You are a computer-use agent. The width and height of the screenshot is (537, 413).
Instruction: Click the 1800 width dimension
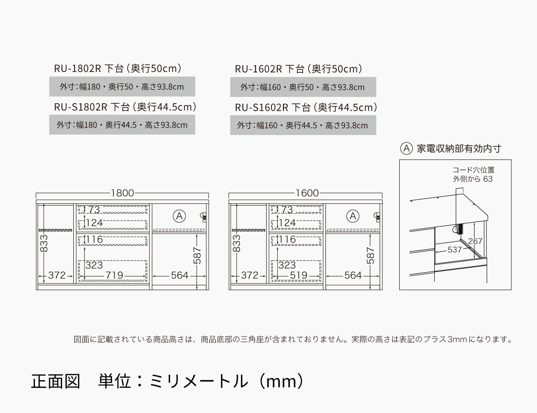pyautogui.click(x=122, y=193)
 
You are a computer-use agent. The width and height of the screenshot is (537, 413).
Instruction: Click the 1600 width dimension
pyautogui.click(x=307, y=193)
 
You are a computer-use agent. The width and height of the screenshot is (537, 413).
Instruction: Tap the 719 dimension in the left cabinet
pyautogui.click(x=114, y=275)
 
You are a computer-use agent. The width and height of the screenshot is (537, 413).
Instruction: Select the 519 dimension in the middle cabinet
pyautogui.click(x=298, y=275)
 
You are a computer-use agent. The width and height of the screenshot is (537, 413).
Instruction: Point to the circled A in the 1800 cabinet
pyautogui.click(x=179, y=216)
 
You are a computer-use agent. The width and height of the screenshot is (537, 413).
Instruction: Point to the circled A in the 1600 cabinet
pyautogui.click(x=353, y=216)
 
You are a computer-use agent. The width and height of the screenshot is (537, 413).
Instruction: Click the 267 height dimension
pyautogui.click(x=475, y=241)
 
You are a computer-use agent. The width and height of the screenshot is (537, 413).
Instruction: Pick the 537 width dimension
pyautogui.click(x=454, y=249)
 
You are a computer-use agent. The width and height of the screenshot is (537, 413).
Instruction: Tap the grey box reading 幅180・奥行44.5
pyautogui.click(x=122, y=125)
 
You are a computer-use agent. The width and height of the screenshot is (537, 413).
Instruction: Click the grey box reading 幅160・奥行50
pyautogui.click(x=303, y=87)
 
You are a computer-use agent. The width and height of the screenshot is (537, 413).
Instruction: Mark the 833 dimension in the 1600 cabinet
pyautogui.click(x=237, y=243)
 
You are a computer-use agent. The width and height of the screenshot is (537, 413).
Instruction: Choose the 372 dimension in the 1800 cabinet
pyautogui.click(x=57, y=275)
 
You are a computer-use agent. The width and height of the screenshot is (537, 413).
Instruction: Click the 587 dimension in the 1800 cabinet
pyautogui.click(x=197, y=256)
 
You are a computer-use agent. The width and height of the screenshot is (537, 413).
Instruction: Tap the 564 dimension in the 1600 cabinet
pyautogui.click(x=353, y=275)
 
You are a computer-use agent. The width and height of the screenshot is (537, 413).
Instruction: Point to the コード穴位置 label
pyautogui.click(x=473, y=170)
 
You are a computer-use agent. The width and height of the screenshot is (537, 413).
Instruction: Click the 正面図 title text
pyautogui.click(x=56, y=382)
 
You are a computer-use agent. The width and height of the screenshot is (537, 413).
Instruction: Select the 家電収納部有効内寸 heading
pyautogui.click(x=459, y=149)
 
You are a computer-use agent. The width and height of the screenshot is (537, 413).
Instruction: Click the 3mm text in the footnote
pyautogui.click(x=457, y=339)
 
